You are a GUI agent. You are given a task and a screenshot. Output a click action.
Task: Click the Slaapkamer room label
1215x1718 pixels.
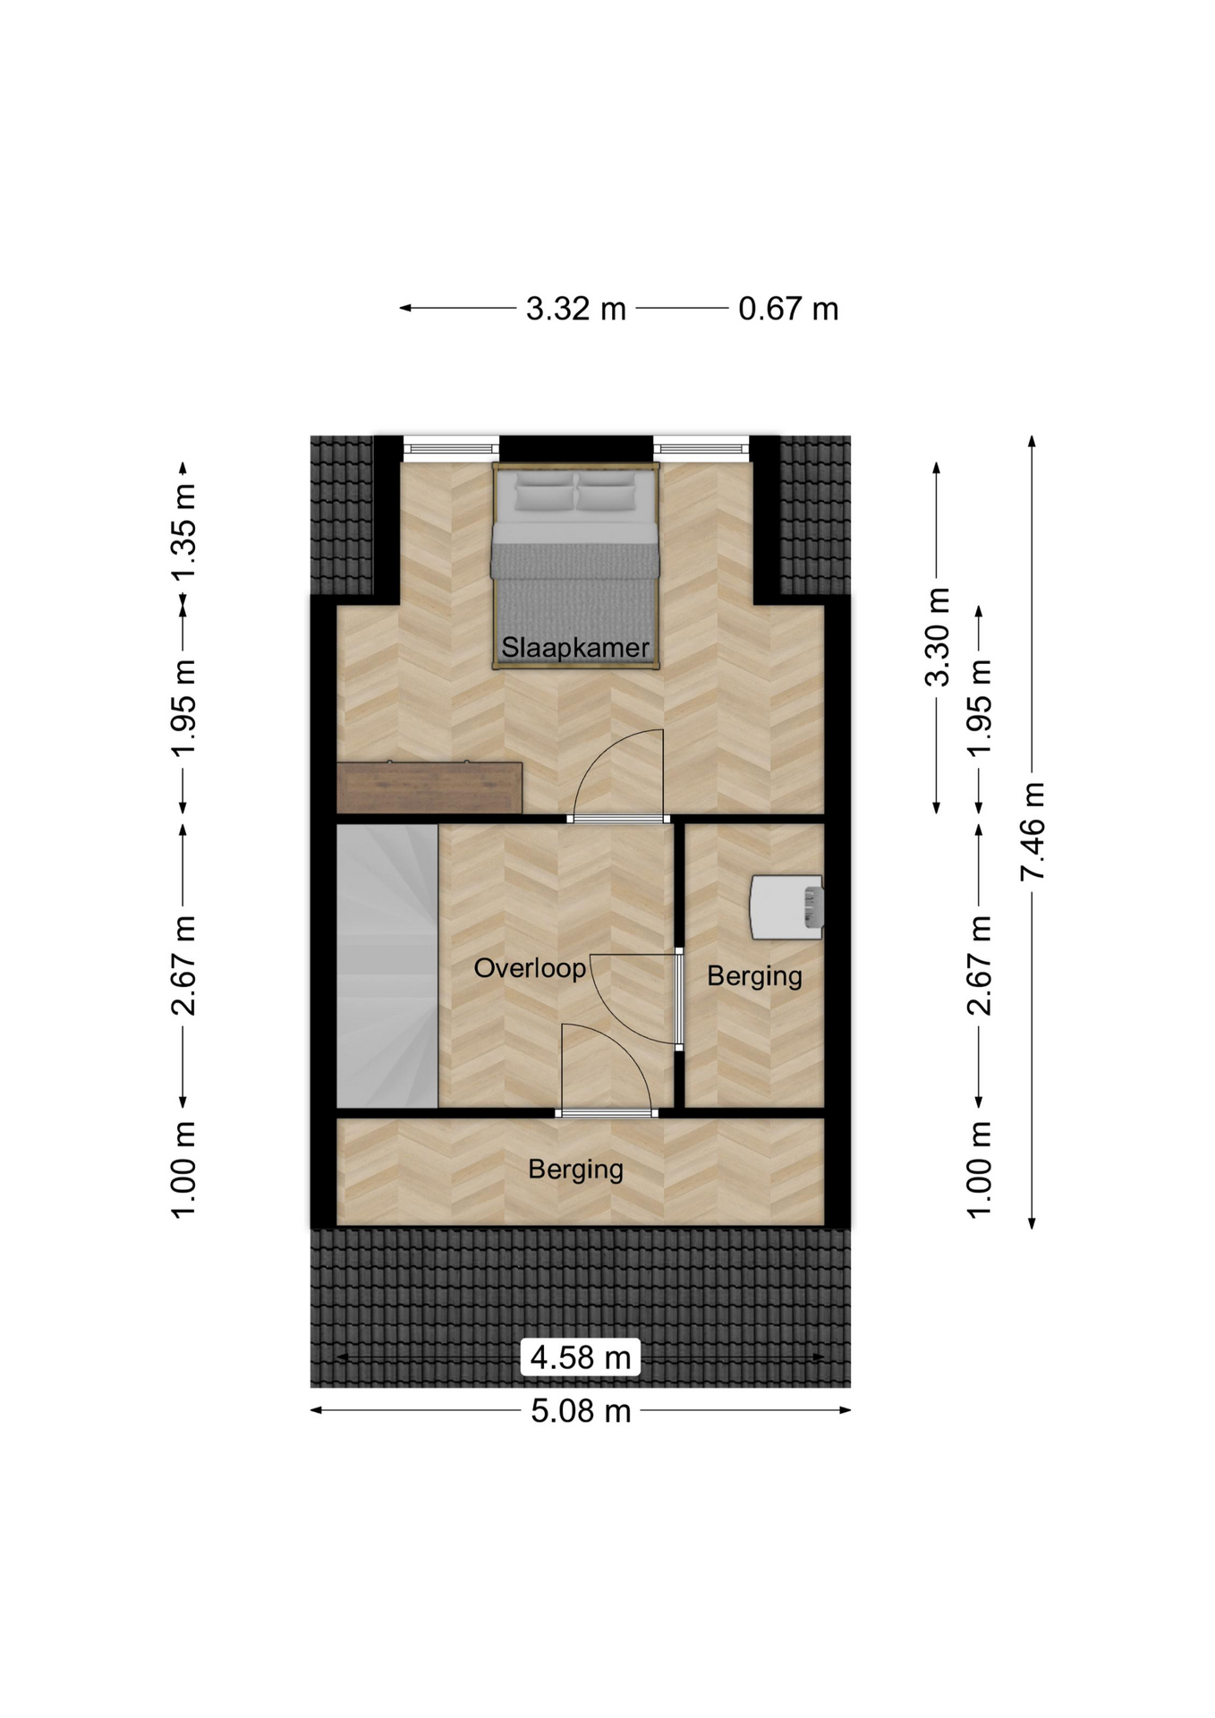(x=575, y=647)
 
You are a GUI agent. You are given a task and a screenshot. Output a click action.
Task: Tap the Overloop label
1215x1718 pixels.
(x=530, y=967)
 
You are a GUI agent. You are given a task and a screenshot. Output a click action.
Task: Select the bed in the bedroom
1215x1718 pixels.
(x=575, y=566)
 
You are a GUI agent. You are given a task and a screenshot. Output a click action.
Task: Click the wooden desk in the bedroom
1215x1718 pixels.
(x=429, y=787)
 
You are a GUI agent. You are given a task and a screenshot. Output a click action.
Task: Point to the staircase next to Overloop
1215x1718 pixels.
(x=387, y=965)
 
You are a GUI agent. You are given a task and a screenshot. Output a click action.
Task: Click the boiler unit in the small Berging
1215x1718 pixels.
(x=786, y=907)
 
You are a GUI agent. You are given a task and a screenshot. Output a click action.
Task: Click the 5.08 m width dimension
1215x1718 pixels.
(x=581, y=1411)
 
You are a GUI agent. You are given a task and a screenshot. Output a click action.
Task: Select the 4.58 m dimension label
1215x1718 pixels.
(x=581, y=1357)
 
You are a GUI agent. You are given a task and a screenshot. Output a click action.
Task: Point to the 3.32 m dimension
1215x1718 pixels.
(x=575, y=309)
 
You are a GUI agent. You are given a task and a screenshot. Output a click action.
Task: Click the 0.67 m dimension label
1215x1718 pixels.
(x=788, y=309)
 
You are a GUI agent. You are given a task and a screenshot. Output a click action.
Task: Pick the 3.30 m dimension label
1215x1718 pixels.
(x=937, y=637)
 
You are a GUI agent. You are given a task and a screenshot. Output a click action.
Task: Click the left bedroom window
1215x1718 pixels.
(x=451, y=447)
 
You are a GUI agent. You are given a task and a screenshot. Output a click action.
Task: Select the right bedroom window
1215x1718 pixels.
(x=701, y=447)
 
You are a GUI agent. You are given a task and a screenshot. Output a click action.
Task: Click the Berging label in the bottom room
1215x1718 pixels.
(x=575, y=1169)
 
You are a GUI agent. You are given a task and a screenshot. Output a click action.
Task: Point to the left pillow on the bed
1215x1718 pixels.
(x=543, y=491)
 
